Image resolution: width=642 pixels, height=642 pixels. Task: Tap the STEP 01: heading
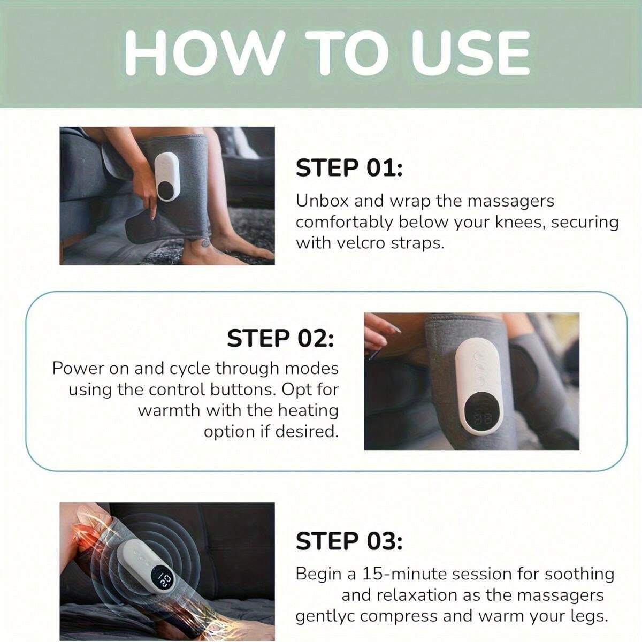349,167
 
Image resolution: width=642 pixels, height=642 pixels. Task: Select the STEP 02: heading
280,338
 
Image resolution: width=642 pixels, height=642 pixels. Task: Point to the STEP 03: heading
349,541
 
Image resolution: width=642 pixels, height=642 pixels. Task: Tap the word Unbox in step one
321,201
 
